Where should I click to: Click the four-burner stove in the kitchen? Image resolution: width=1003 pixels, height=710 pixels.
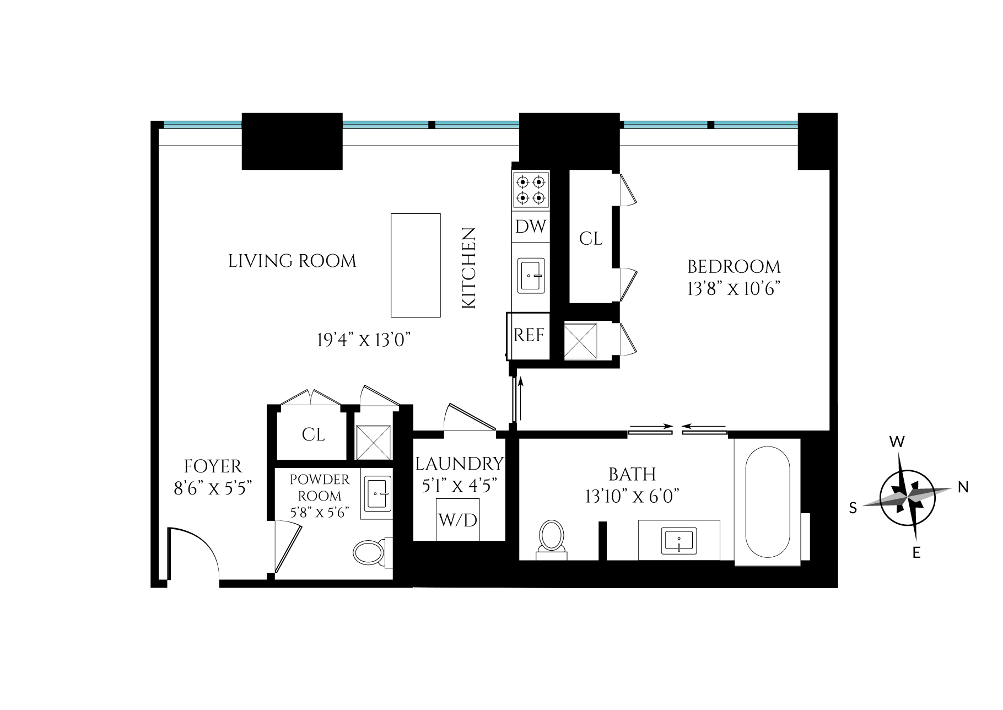coord(531,190)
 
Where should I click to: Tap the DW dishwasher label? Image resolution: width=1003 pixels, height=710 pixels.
coord(531,227)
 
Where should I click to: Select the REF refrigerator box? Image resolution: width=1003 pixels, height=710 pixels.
coord(529,335)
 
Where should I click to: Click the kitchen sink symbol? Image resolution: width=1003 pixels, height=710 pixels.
coord(531,275)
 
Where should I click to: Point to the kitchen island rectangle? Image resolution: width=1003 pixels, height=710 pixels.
coord(416,265)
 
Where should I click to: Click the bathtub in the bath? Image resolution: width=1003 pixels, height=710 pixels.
coord(767,501)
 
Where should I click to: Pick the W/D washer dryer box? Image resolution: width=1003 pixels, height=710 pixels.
coord(457,519)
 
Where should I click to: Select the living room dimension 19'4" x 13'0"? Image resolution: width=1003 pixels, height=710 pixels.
coord(364,340)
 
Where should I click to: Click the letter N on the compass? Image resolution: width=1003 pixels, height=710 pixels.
coord(963,487)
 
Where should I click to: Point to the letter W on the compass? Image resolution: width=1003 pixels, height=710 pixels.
coord(897,442)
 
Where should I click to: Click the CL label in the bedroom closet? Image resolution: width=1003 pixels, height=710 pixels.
coord(591,239)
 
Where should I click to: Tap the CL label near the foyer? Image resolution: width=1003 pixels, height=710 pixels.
coord(313,434)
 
